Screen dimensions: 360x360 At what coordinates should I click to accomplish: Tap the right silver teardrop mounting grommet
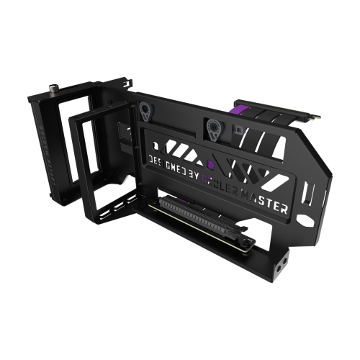point(214,129)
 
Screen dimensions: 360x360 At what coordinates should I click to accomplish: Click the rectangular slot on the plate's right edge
point(309,193)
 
